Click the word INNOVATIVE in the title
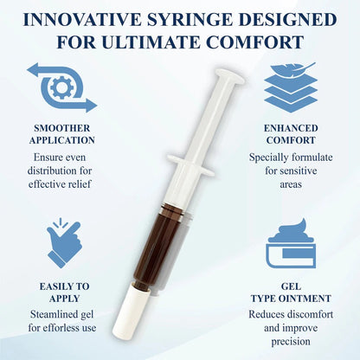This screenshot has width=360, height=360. point(82,20)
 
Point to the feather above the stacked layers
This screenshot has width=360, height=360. point(293,68)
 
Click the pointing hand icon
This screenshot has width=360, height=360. point(64,243)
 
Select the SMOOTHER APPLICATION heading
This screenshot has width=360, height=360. point(61,134)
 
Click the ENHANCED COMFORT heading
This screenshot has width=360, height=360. point(291,134)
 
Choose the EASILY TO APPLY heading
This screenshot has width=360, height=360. point(64,292)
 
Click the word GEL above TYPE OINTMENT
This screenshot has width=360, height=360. point(291,286)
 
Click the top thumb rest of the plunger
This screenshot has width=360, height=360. point(230,75)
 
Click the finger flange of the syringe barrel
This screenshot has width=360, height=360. point(191,165)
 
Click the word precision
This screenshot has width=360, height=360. point(291,342)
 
